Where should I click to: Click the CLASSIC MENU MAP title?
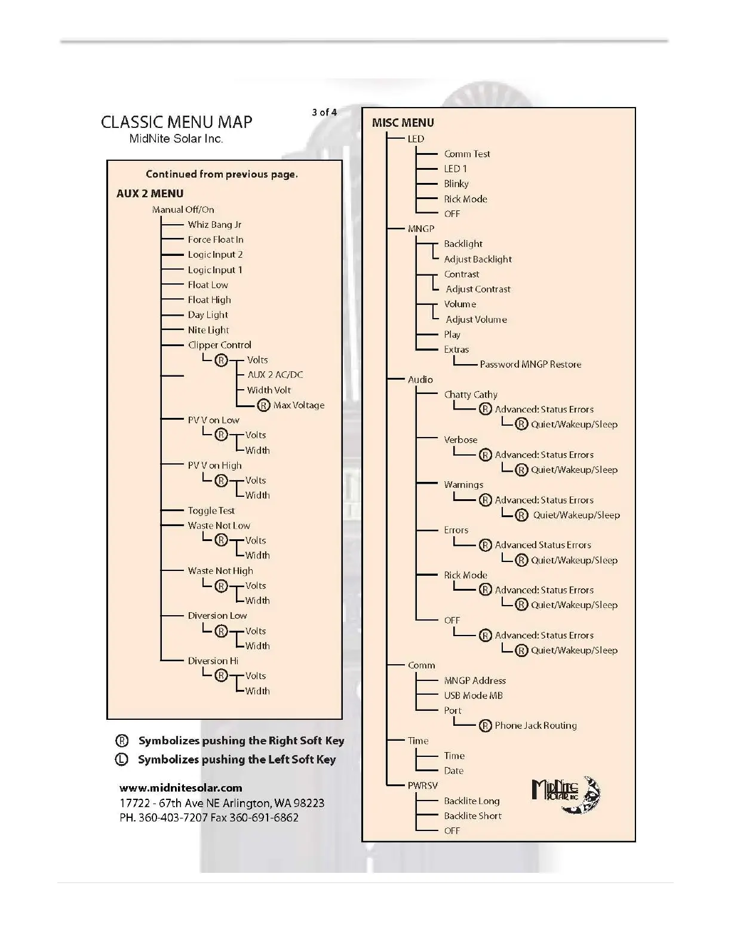(176, 122)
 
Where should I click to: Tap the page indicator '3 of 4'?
(324, 112)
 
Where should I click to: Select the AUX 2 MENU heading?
(150, 194)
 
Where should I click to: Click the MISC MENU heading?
(403, 123)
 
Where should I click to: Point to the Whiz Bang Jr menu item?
(214, 225)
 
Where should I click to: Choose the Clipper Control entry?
(219, 345)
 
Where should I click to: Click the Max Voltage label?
(299, 405)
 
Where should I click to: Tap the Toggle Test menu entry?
(211, 511)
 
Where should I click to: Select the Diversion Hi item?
(213, 661)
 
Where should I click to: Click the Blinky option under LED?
(456, 184)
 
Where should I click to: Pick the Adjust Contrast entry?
(478, 289)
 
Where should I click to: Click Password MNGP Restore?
(530, 364)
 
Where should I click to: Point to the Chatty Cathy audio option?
(470, 395)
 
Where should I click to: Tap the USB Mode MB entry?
(473, 695)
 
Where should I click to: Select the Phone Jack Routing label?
(536, 726)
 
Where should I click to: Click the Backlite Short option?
(472, 815)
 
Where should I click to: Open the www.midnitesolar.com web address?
(181, 787)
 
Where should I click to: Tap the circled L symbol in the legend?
(121, 760)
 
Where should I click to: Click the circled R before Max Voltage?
(263, 405)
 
